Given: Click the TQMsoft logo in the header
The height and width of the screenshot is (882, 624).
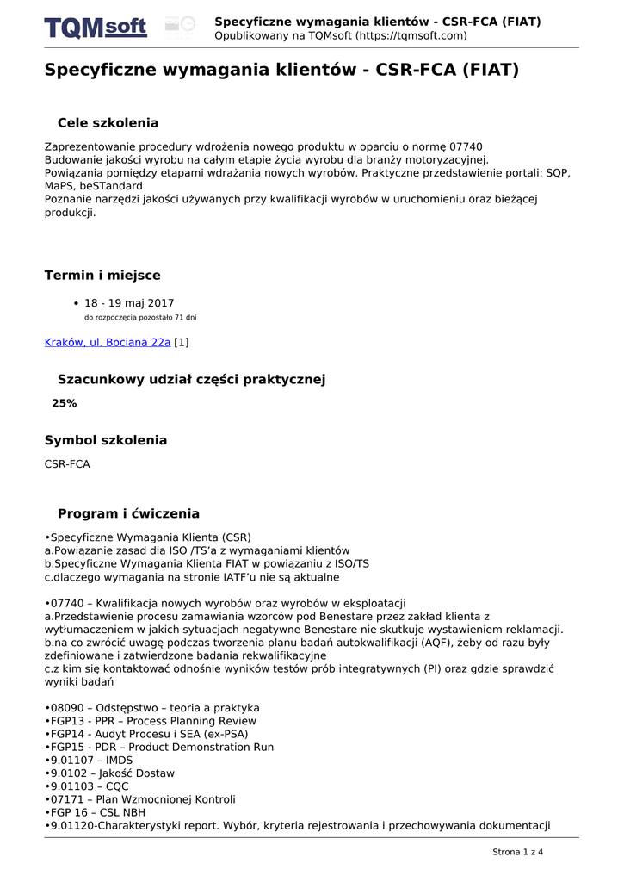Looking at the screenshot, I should pyautogui.click(x=96, y=28).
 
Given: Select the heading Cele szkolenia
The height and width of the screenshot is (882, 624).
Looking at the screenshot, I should pyautogui.click(x=108, y=123).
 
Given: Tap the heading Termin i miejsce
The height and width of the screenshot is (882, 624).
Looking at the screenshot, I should pyautogui.click(x=102, y=276).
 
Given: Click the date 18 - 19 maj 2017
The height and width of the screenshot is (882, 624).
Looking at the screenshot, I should pyautogui.click(x=129, y=303).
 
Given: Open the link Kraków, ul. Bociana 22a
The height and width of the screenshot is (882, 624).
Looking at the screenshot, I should pyautogui.click(x=108, y=342).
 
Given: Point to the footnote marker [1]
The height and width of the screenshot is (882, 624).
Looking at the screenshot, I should pyautogui.click(x=182, y=342).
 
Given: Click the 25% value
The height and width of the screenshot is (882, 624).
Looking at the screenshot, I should pyautogui.click(x=65, y=403).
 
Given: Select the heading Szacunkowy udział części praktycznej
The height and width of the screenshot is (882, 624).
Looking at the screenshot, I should pyautogui.click(x=191, y=379).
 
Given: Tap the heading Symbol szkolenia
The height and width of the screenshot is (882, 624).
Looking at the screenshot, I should pyautogui.click(x=106, y=440).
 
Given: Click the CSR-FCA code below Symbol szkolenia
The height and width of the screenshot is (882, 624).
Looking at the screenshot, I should pyautogui.click(x=67, y=464).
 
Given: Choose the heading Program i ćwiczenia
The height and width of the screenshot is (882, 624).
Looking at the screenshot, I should pyautogui.click(x=128, y=513).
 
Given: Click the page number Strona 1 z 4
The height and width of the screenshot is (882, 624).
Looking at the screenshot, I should pyautogui.click(x=517, y=852).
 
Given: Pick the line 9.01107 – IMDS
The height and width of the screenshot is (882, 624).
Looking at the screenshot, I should pyautogui.click(x=89, y=761).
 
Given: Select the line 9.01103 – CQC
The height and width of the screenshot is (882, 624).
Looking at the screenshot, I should pyautogui.click(x=86, y=786).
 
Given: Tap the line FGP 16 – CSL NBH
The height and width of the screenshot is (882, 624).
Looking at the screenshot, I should pyautogui.click(x=95, y=812).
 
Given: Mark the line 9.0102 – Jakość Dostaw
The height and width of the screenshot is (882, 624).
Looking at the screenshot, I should pyautogui.click(x=102, y=773).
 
